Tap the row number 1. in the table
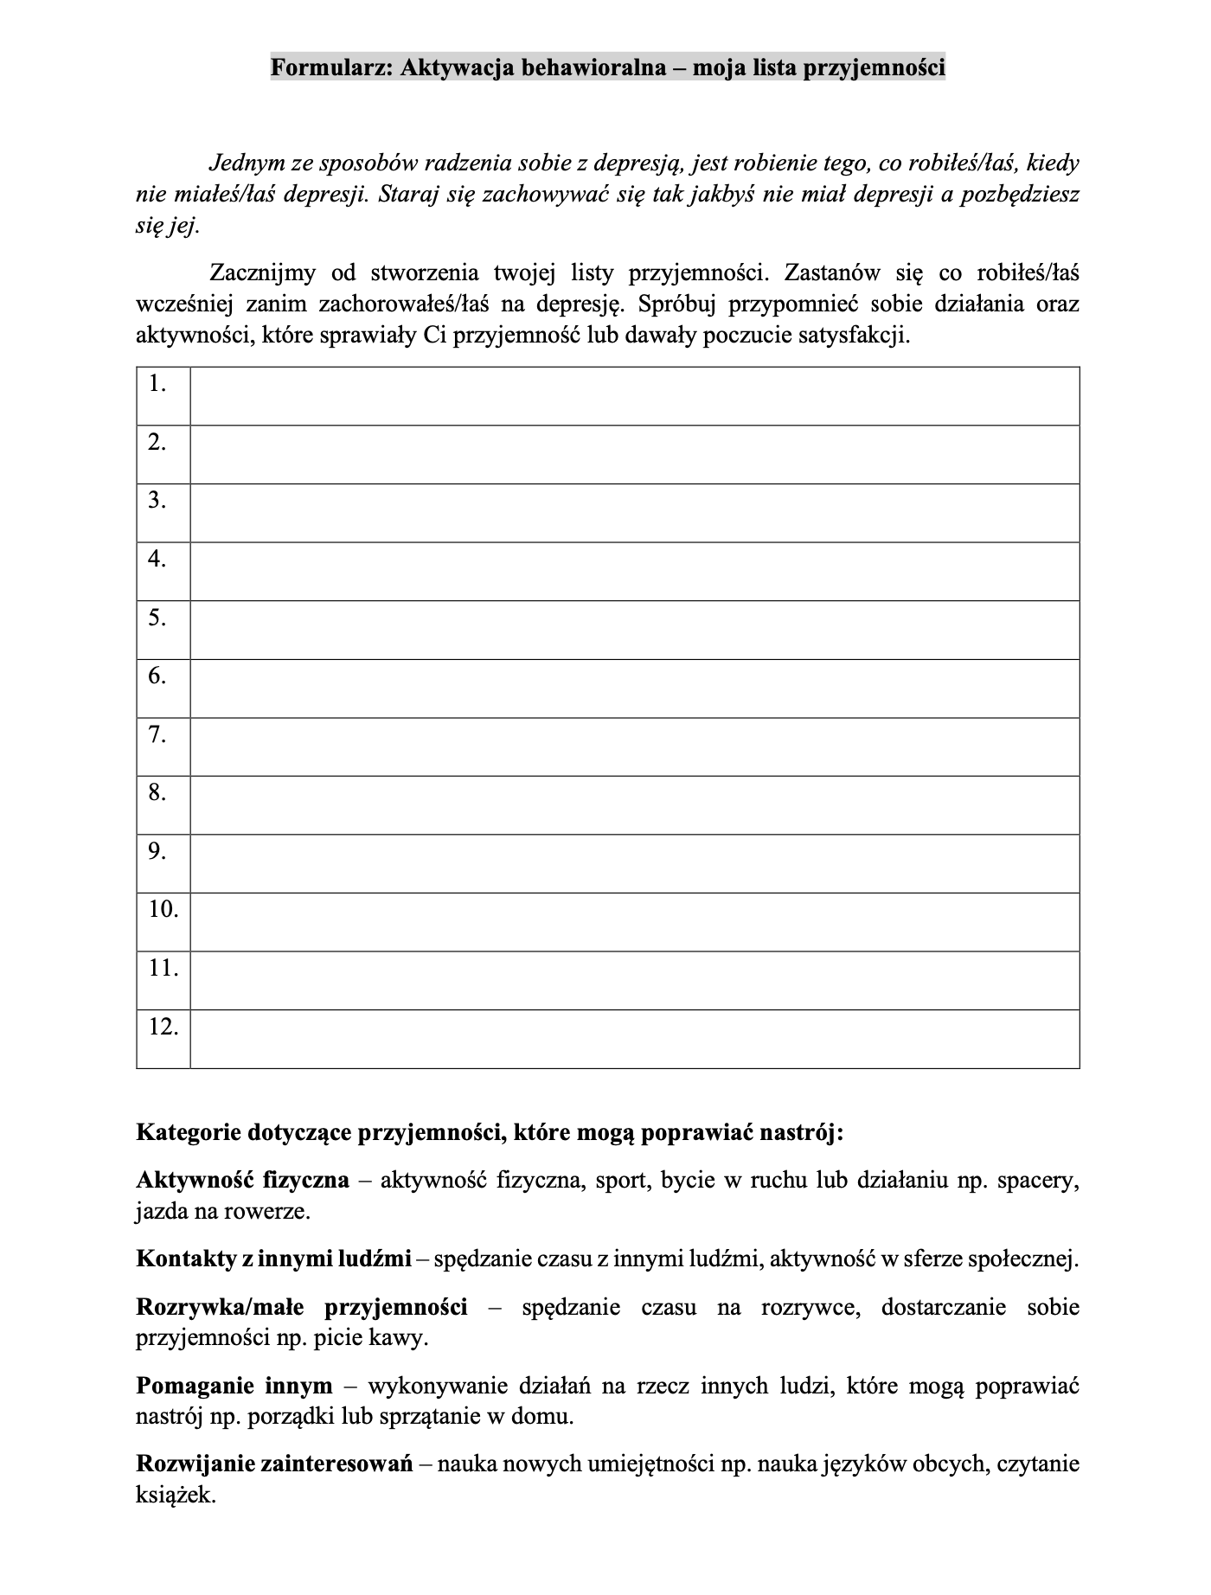tap(157, 384)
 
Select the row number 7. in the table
tap(157, 735)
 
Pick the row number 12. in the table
tap(163, 1028)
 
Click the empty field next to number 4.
tap(634, 572)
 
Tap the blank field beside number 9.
tap(634, 864)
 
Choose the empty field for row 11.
tap(634, 981)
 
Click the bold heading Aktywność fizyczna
tap(242, 1180)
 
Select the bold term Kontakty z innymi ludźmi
tap(273, 1259)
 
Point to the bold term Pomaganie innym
tap(234, 1386)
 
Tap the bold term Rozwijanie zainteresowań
tap(274, 1464)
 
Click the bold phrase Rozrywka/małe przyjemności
tap(301, 1307)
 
